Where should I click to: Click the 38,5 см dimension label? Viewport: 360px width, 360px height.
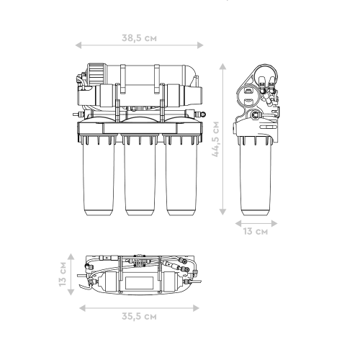point(139,38)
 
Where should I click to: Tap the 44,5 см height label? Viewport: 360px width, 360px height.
point(216,139)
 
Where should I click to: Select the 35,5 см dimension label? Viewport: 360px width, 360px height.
point(139,316)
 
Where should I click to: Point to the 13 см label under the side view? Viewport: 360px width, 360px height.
point(256,231)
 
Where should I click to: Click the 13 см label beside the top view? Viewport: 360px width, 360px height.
point(63,274)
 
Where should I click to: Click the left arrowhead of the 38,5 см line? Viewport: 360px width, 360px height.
point(78,45)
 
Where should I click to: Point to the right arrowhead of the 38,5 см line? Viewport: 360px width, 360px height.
point(200,45)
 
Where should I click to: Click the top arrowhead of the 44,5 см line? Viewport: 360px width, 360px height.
point(222,66)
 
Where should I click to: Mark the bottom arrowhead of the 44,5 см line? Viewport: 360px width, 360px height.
point(222,212)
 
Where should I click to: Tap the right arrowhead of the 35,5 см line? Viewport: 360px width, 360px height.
point(196,308)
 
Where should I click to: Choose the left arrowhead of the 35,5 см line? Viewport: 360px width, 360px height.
point(82,308)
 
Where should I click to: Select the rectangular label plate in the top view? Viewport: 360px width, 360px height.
point(140,283)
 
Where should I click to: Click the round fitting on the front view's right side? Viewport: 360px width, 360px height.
point(203,114)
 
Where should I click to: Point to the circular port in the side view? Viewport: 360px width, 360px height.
point(255,114)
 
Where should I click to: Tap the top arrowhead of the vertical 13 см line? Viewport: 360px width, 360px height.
point(71,256)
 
